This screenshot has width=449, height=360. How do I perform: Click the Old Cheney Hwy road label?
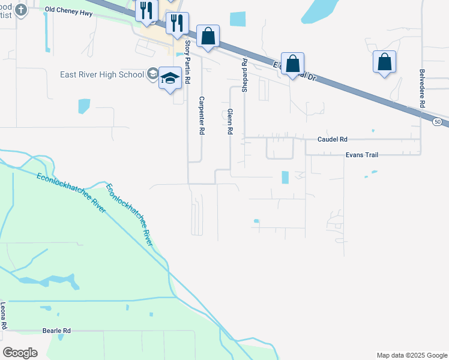(69, 12)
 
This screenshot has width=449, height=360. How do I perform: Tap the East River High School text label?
(102, 74)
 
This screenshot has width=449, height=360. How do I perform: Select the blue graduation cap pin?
(170, 79)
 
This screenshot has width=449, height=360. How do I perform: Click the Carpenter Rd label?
(202, 115)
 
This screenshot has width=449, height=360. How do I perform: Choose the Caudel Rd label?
(332, 139)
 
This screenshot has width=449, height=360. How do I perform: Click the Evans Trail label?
(361, 155)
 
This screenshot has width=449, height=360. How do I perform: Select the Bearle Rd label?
(56, 331)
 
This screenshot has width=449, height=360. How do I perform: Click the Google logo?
(20, 353)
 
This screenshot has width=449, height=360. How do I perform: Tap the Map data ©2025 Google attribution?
(411, 355)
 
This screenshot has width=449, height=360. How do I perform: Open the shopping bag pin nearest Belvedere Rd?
(384, 62)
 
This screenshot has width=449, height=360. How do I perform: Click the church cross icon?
(21, 10)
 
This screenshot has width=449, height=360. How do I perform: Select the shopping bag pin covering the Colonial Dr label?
(292, 64)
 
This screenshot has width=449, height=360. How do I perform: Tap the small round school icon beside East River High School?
(152, 74)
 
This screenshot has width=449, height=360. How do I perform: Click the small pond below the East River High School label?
(84, 106)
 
